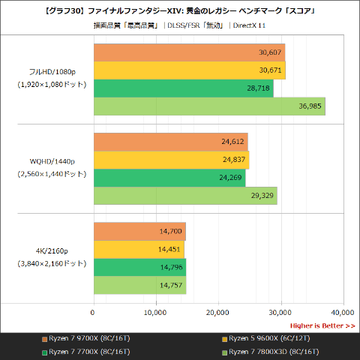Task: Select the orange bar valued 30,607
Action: point(189,52)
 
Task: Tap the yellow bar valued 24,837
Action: point(170,160)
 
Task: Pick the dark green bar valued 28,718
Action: point(183,88)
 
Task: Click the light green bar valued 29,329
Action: point(184,196)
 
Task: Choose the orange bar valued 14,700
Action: point(139,232)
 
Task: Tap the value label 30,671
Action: point(271,70)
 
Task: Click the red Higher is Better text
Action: point(322,325)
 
